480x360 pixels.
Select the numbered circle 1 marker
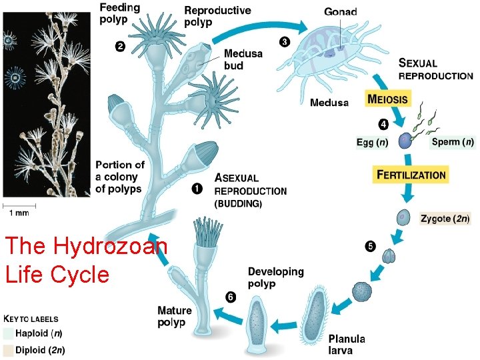197,189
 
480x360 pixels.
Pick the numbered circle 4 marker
383,123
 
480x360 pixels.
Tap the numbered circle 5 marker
369,246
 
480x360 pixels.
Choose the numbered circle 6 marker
230,297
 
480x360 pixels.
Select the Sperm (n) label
453,142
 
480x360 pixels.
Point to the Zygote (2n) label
445,218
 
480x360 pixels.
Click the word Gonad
341,12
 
